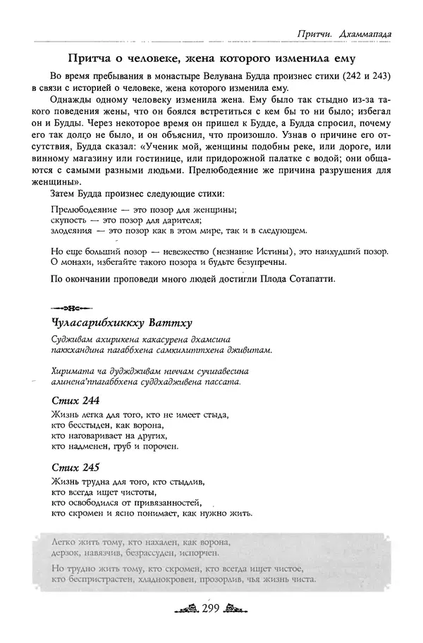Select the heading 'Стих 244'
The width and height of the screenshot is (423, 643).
75,400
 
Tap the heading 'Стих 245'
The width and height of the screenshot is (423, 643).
75,467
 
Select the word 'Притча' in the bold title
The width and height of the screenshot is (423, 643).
87,56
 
